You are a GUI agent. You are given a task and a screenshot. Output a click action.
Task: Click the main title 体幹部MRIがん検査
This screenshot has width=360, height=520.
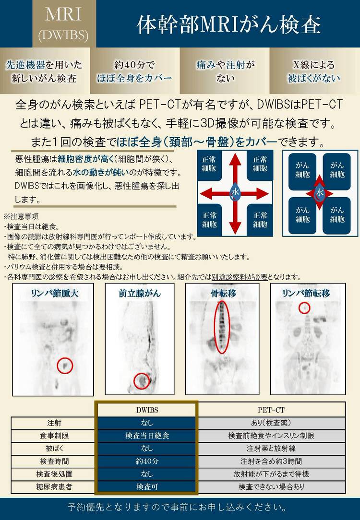click(x=228, y=25)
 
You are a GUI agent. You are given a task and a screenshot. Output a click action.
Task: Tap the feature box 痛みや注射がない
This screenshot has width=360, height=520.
click(x=225, y=71)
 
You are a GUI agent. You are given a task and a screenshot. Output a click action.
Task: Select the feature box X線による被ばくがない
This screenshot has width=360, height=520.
click(x=314, y=71)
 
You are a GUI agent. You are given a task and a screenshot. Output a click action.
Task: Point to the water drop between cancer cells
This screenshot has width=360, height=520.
click(x=320, y=193)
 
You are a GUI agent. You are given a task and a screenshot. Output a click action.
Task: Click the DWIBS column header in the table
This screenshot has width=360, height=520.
click(x=147, y=410)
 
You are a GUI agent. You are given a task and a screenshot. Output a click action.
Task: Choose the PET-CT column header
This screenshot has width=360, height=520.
click(x=271, y=410)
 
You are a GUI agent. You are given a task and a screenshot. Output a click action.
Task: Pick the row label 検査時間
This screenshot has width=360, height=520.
click(x=54, y=461)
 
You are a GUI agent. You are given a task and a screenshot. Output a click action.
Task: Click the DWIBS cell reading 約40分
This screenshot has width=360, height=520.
click(x=147, y=461)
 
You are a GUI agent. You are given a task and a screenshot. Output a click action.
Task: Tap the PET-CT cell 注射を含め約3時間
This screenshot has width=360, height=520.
click(x=271, y=461)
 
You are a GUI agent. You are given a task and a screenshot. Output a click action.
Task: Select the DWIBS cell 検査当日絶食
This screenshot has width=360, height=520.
click(x=147, y=436)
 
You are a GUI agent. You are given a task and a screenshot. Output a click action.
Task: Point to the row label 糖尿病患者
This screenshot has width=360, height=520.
click(x=54, y=487)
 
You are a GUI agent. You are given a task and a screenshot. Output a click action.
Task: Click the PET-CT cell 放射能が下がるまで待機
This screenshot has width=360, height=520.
click(x=271, y=474)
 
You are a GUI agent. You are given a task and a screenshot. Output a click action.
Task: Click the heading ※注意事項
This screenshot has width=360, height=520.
click(x=21, y=216)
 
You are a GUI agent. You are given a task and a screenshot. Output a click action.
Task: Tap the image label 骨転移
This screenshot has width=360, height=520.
click(x=223, y=293)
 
